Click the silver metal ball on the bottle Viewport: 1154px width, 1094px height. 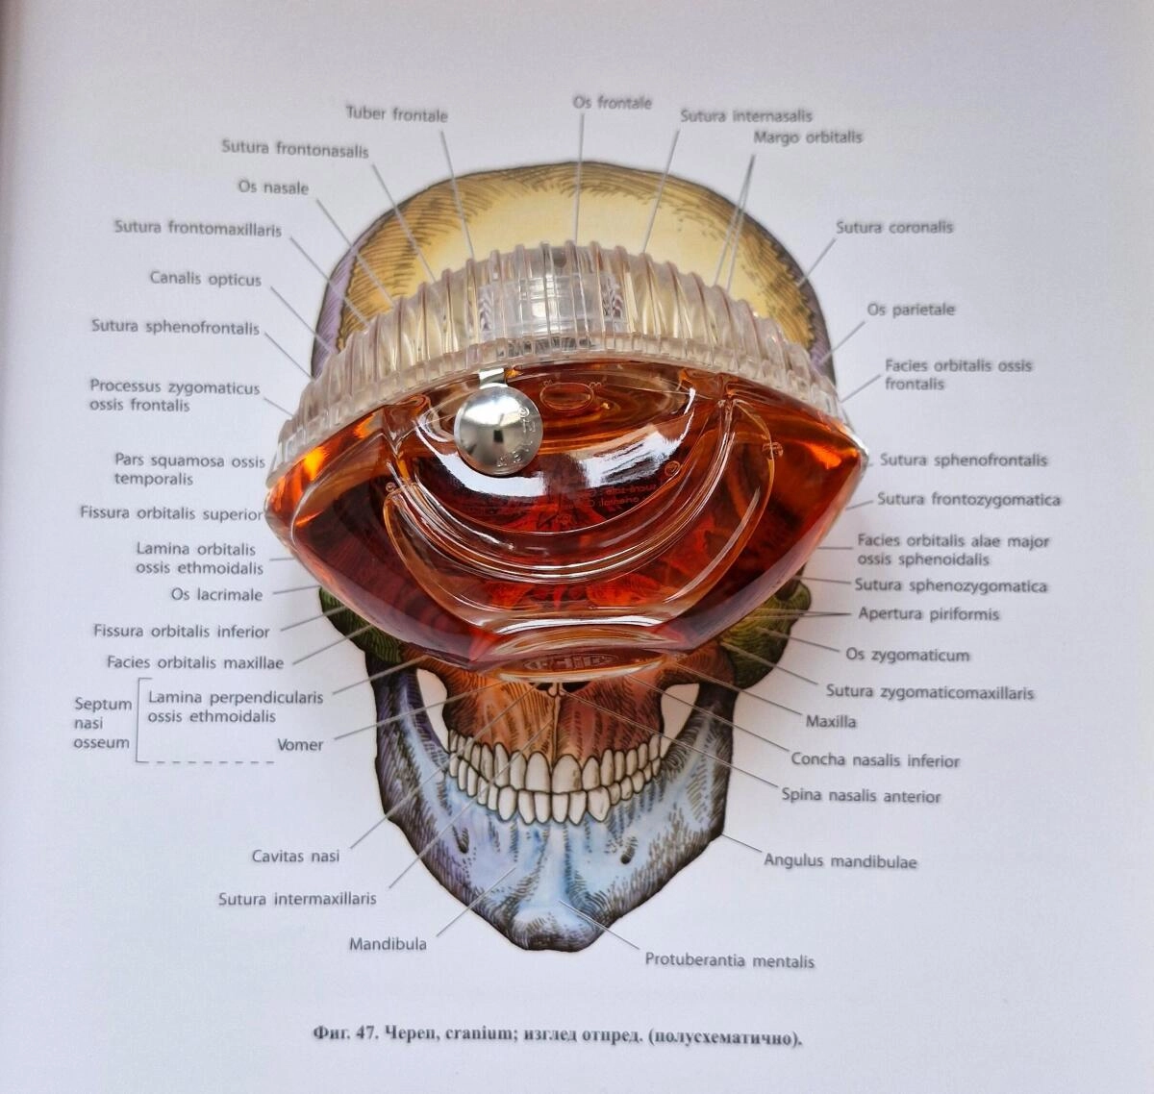click(x=497, y=430)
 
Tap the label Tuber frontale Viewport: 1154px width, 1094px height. click(x=396, y=113)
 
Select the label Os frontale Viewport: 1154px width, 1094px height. click(x=612, y=102)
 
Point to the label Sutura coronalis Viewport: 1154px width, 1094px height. click(x=893, y=228)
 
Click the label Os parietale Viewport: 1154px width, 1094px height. click(x=911, y=310)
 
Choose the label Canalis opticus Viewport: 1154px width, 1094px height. click(x=205, y=279)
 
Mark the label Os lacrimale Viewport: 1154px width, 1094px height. click(x=216, y=594)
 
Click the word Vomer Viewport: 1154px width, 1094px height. click(x=300, y=744)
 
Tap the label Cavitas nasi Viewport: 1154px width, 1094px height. click(x=295, y=856)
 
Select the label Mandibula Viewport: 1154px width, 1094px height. click(x=388, y=944)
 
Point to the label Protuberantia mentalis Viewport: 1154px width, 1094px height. click(x=729, y=960)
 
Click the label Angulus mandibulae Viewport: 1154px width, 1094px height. click(x=840, y=861)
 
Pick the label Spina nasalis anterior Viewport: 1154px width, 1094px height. click(x=861, y=796)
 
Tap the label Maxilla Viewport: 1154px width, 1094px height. click(x=832, y=720)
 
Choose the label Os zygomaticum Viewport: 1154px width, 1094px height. click(x=907, y=655)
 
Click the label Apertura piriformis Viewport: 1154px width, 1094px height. click(x=928, y=613)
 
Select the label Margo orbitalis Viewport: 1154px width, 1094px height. click(x=808, y=137)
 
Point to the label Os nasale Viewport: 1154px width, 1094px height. click(x=273, y=187)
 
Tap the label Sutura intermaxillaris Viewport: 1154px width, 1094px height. click(x=297, y=899)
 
